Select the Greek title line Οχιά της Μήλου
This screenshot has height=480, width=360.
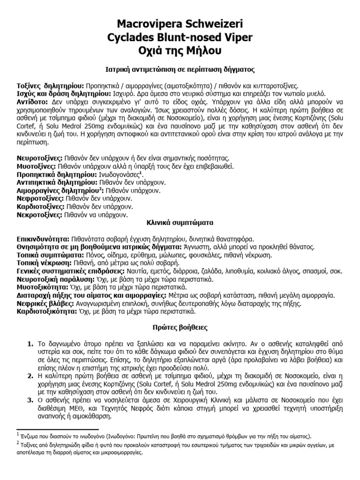point(180,50)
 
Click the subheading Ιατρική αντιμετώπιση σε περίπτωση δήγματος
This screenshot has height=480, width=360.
point(180,69)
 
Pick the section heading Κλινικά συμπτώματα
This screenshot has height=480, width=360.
point(180,223)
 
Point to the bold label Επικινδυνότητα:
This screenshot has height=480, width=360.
point(43,239)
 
